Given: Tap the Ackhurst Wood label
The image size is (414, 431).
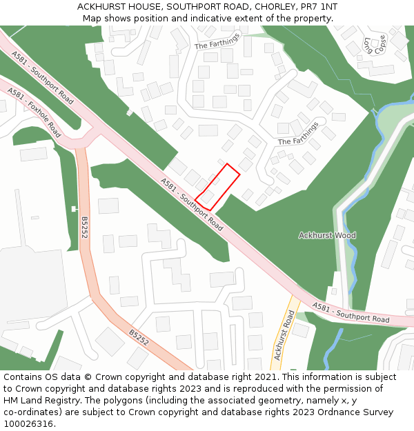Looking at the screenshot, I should [x=327, y=235].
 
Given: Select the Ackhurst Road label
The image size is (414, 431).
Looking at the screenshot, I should [x=284, y=336].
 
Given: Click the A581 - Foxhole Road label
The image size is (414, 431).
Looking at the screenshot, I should [x=34, y=112].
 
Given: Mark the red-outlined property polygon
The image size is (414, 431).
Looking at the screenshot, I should [x=217, y=187].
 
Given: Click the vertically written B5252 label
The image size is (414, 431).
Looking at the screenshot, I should [x=84, y=228].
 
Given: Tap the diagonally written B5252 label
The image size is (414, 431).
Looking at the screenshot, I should [x=139, y=337].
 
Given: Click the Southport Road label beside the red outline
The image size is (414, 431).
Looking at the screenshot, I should [x=193, y=204].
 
